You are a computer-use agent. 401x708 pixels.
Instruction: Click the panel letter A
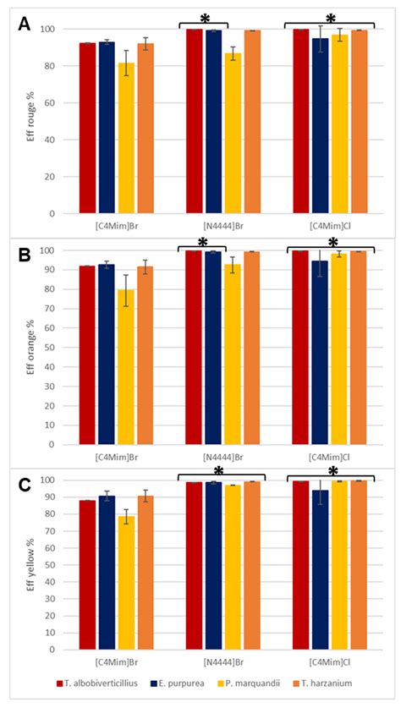[25, 24]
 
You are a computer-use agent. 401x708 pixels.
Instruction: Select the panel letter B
[24, 256]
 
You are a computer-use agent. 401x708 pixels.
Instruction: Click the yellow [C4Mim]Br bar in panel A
[126, 138]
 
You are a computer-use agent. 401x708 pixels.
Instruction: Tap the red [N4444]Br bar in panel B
[194, 347]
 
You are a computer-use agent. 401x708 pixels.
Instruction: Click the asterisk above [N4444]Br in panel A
[206, 19]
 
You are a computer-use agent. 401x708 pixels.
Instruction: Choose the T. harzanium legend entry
[324, 683]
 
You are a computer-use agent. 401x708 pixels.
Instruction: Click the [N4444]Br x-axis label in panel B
[223, 458]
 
